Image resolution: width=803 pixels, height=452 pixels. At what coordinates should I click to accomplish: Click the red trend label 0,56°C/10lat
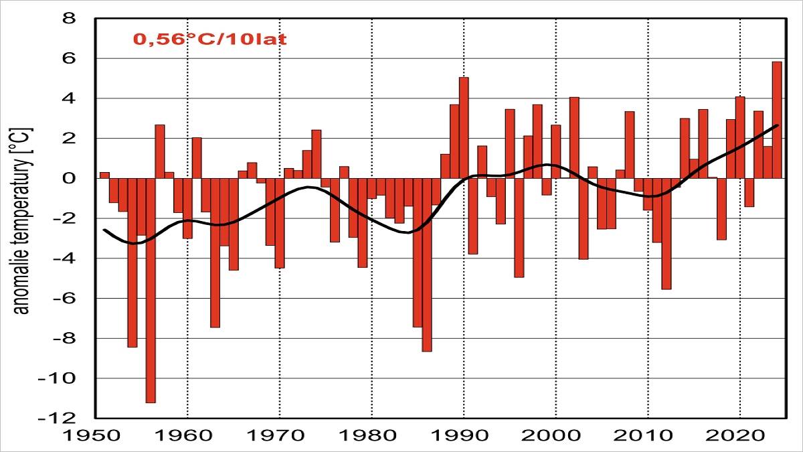210,39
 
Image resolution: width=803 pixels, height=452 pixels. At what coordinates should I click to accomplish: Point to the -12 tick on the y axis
64,418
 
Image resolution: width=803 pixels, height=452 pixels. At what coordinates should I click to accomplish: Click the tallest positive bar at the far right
777,121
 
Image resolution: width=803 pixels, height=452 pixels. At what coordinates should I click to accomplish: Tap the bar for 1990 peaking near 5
464,127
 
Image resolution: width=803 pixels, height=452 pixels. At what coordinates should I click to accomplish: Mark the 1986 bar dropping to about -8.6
427,265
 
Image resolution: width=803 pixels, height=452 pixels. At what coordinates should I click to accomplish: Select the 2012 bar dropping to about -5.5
666,234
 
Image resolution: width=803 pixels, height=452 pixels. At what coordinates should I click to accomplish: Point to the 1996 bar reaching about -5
519,228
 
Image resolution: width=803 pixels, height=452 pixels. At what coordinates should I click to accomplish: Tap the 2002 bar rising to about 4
574,138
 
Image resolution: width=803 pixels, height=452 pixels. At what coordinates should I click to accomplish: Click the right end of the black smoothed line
777,125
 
